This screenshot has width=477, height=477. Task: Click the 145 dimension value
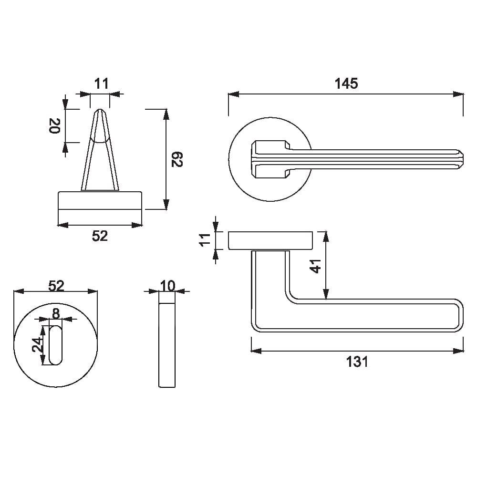click(x=346, y=83)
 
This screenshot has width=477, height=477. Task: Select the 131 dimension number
click(x=357, y=362)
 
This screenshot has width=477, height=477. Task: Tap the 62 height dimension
click(x=176, y=159)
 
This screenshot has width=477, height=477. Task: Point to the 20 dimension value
click(x=55, y=125)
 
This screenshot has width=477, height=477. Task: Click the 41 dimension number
click(x=315, y=266)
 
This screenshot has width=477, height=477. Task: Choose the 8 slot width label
click(x=56, y=313)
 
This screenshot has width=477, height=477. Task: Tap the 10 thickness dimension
click(x=167, y=286)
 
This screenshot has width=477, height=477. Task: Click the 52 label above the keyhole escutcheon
click(x=56, y=286)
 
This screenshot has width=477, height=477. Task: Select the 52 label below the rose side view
click(x=100, y=236)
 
